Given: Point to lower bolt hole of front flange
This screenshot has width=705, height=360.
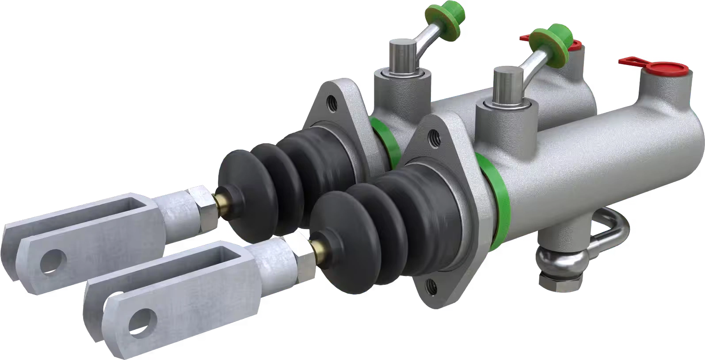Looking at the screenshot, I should coord(432,283).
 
